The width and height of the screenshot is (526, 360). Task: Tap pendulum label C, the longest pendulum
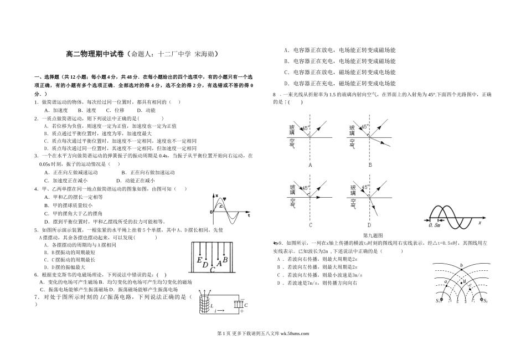tap(212, 270)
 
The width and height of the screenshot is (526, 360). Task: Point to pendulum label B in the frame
tap(225, 260)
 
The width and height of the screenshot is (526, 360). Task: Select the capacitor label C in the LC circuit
tap(246, 305)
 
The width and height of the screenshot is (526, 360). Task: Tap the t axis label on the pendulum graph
tap(249, 214)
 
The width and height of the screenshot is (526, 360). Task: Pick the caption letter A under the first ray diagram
tap(310, 164)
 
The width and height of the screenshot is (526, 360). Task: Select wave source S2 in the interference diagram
tap(485, 301)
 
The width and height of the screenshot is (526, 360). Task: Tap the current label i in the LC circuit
tap(215, 312)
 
